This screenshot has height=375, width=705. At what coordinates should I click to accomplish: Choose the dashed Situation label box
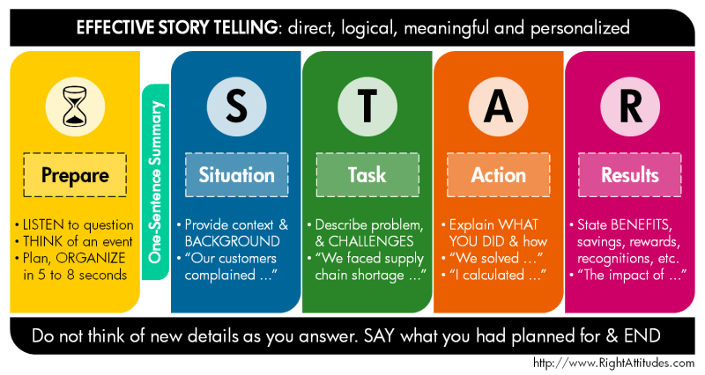coord(236,174)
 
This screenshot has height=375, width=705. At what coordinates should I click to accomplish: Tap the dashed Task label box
coord(367,174)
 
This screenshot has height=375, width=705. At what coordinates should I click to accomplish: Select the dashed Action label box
coord(499,174)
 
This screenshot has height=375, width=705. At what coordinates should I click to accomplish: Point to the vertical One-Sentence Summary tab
coord(156,183)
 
